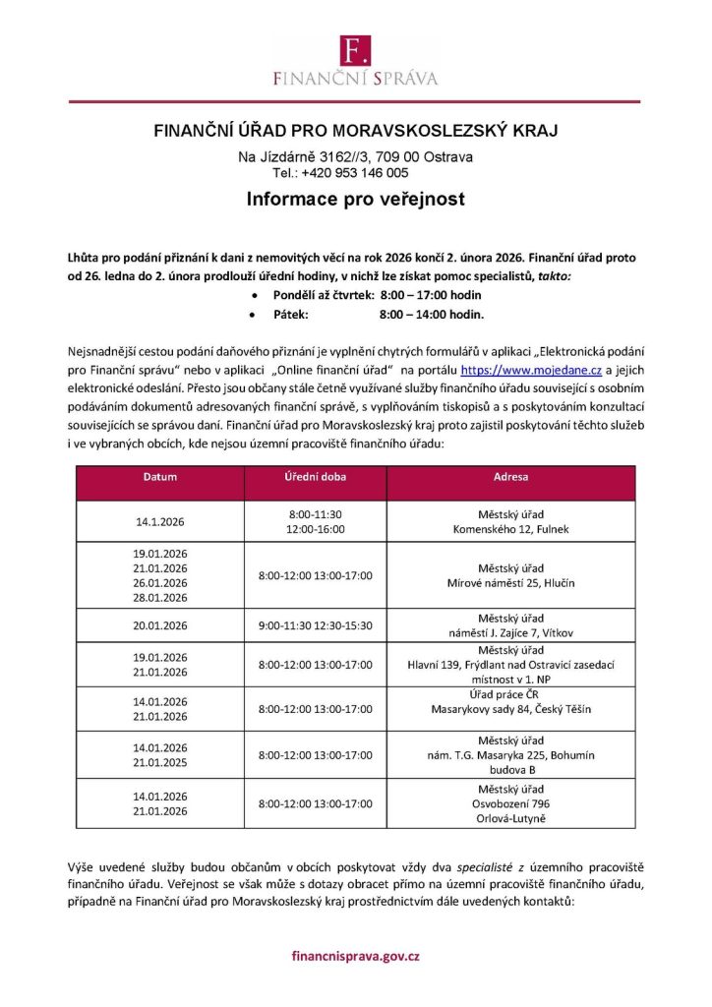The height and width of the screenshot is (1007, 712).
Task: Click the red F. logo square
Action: click(x=355, y=50)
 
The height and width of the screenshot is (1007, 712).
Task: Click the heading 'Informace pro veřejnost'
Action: click(x=355, y=199)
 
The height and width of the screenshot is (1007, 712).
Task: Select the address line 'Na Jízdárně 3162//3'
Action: click(x=307, y=157)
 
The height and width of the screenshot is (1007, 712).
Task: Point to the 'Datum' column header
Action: click(x=160, y=478)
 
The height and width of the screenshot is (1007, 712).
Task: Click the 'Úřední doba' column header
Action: click(x=315, y=478)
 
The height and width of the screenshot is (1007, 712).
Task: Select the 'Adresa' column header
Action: click(x=510, y=478)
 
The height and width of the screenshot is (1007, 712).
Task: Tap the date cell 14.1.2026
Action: click(x=160, y=521)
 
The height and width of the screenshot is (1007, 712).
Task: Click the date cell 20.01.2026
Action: click(x=160, y=624)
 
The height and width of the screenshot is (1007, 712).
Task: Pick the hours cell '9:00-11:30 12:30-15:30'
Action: click(x=315, y=624)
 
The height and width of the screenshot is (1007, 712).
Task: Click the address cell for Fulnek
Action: click(x=510, y=521)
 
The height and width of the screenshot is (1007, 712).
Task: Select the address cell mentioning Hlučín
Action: click(x=510, y=575)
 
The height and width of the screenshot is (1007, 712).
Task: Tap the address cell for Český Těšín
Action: click(x=510, y=702)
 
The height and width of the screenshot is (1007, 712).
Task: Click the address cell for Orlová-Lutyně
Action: click(x=510, y=803)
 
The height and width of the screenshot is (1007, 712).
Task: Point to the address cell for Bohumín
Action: click(x=510, y=755)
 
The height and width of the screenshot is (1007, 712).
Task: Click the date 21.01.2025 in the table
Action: click(x=160, y=762)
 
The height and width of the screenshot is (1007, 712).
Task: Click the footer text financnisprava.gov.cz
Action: click(x=355, y=955)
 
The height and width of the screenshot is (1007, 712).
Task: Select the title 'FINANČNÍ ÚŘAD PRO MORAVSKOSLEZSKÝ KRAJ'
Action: click(x=355, y=131)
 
